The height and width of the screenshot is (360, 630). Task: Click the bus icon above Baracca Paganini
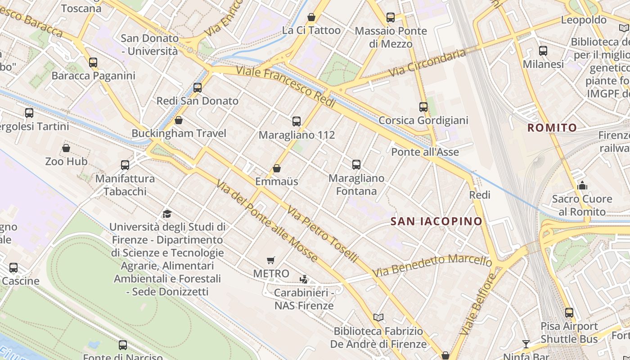(93, 63)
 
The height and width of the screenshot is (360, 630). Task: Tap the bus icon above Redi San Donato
(198, 88)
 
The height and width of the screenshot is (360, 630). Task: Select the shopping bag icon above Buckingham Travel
(179, 120)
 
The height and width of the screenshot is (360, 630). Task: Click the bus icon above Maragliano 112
(297, 121)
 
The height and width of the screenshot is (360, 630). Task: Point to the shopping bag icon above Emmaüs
(277, 168)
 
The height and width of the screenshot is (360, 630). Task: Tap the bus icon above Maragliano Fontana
(356, 165)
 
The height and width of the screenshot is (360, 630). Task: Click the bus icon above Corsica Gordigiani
(423, 107)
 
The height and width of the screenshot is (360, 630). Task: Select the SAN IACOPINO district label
(436, 221)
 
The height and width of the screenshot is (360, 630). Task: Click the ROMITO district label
(552, 128)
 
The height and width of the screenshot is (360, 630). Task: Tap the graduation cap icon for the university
(167, 214)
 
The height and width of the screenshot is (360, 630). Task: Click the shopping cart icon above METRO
(271, 260)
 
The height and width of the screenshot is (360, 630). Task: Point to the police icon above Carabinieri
(304, 279)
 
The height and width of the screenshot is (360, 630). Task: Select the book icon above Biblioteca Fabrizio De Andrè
(378, 318)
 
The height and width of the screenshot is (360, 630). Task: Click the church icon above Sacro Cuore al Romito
(582, 185)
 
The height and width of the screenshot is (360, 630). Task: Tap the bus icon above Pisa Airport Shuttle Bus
(569, 313)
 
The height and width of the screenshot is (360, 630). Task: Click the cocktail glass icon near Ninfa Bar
(526, 344)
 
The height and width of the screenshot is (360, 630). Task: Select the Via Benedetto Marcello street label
(432, 265)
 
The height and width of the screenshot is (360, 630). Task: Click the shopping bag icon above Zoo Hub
(66, 148)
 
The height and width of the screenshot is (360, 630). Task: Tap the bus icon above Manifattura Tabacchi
(125, 165)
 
